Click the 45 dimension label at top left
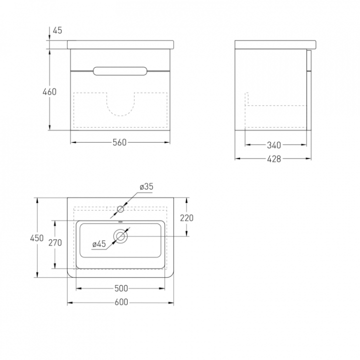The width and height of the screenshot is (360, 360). click(57, 30)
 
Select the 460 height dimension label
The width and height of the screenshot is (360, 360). click(49, 92)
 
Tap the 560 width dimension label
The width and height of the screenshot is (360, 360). click(119, 142)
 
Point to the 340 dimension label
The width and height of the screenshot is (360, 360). click(274, 145)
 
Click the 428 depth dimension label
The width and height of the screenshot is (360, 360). click(274, 159)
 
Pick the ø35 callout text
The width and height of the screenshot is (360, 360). click(146, 186)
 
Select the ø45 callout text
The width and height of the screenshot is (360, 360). click(99, 244)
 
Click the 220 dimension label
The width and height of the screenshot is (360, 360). click(186, 218)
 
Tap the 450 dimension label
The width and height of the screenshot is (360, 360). click(36, 238)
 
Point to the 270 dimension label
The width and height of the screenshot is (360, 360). click(55, 242)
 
